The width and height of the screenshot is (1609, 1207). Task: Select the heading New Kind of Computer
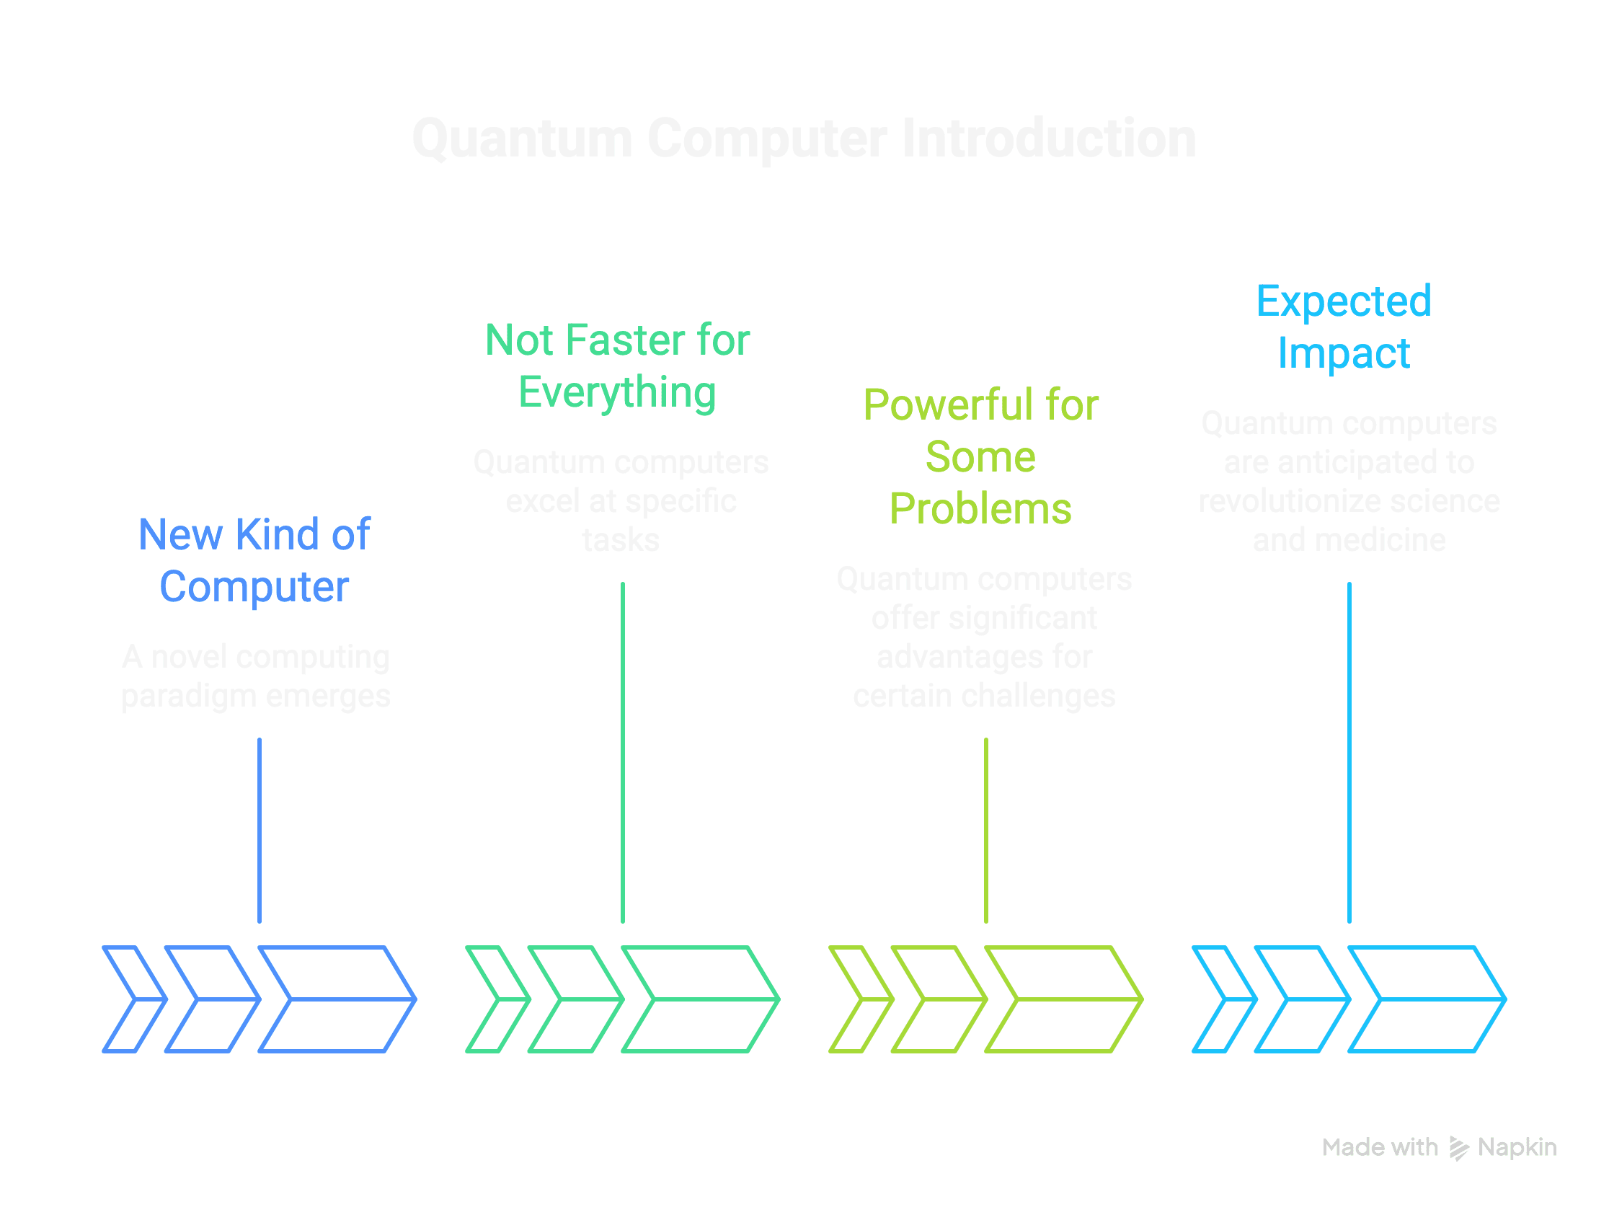[x=254, y=560]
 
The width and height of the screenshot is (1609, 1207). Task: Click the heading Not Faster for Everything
[x=618, y=366]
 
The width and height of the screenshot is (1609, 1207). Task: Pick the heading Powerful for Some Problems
[x=980, y=456]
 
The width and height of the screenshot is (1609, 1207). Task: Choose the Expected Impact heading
[x=1344, y=327]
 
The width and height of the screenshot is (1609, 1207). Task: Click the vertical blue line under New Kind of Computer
[x=260, y=830]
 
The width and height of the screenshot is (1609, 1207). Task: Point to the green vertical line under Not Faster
[x=623, y=752]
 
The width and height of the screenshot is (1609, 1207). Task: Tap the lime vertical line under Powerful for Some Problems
[x=985, y=830]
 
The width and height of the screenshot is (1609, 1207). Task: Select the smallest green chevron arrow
[x=495, y=999]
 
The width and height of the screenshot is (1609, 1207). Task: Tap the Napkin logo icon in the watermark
[x=1458, y=1148]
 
